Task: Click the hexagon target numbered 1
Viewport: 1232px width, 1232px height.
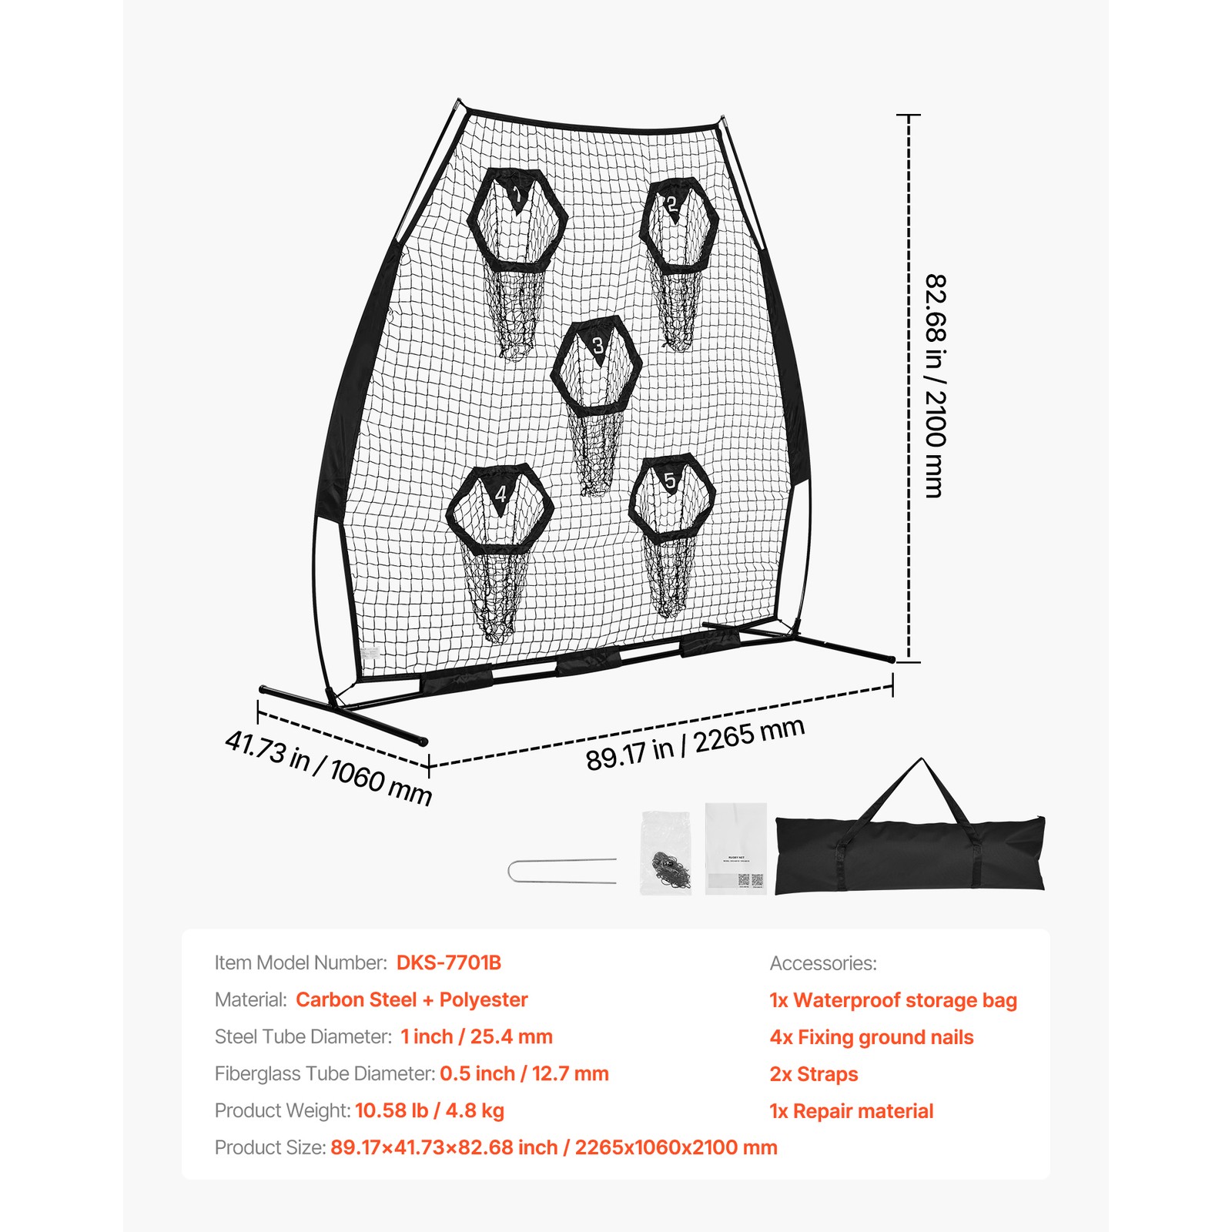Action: click(x=517, y=219)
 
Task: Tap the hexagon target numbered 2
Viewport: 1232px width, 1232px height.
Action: click(x=680, y=225)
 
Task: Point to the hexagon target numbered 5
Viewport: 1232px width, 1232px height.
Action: click(x=672, y=498)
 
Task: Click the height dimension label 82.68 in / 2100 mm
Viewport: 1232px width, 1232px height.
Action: click(x=934, y=386)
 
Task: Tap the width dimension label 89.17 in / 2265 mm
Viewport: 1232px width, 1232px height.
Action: click(x=695, y=743)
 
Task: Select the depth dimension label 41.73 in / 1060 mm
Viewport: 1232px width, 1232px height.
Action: click(x=328, y=768)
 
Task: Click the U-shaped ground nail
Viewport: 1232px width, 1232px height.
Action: click(x=562, y=871)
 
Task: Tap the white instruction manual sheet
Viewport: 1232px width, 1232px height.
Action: click(x=736, y=849)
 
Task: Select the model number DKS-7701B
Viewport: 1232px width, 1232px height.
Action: click(x=449, y=962)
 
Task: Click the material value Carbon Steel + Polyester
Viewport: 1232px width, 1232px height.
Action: click(x=412, y=999)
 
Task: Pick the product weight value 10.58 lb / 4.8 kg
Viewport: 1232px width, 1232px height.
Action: click(x=430, y=1110)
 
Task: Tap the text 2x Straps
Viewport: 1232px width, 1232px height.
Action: click(x=814, y=1074)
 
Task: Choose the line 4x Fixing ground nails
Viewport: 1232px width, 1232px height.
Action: click(x=872, y=1037)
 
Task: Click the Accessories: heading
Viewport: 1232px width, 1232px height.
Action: click(x=823, y=963)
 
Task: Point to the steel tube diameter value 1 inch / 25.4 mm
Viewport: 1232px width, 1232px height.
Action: click(x=477, y=1036)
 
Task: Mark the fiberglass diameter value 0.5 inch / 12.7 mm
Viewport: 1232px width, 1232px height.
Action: click(x=524, y=1073)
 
